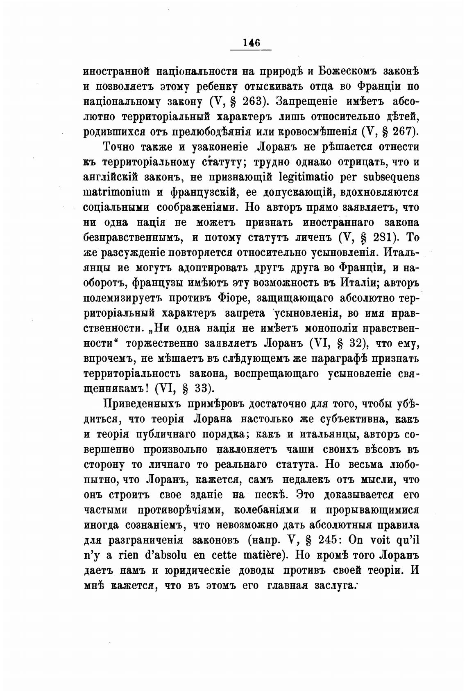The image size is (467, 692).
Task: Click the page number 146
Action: (251, 43)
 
